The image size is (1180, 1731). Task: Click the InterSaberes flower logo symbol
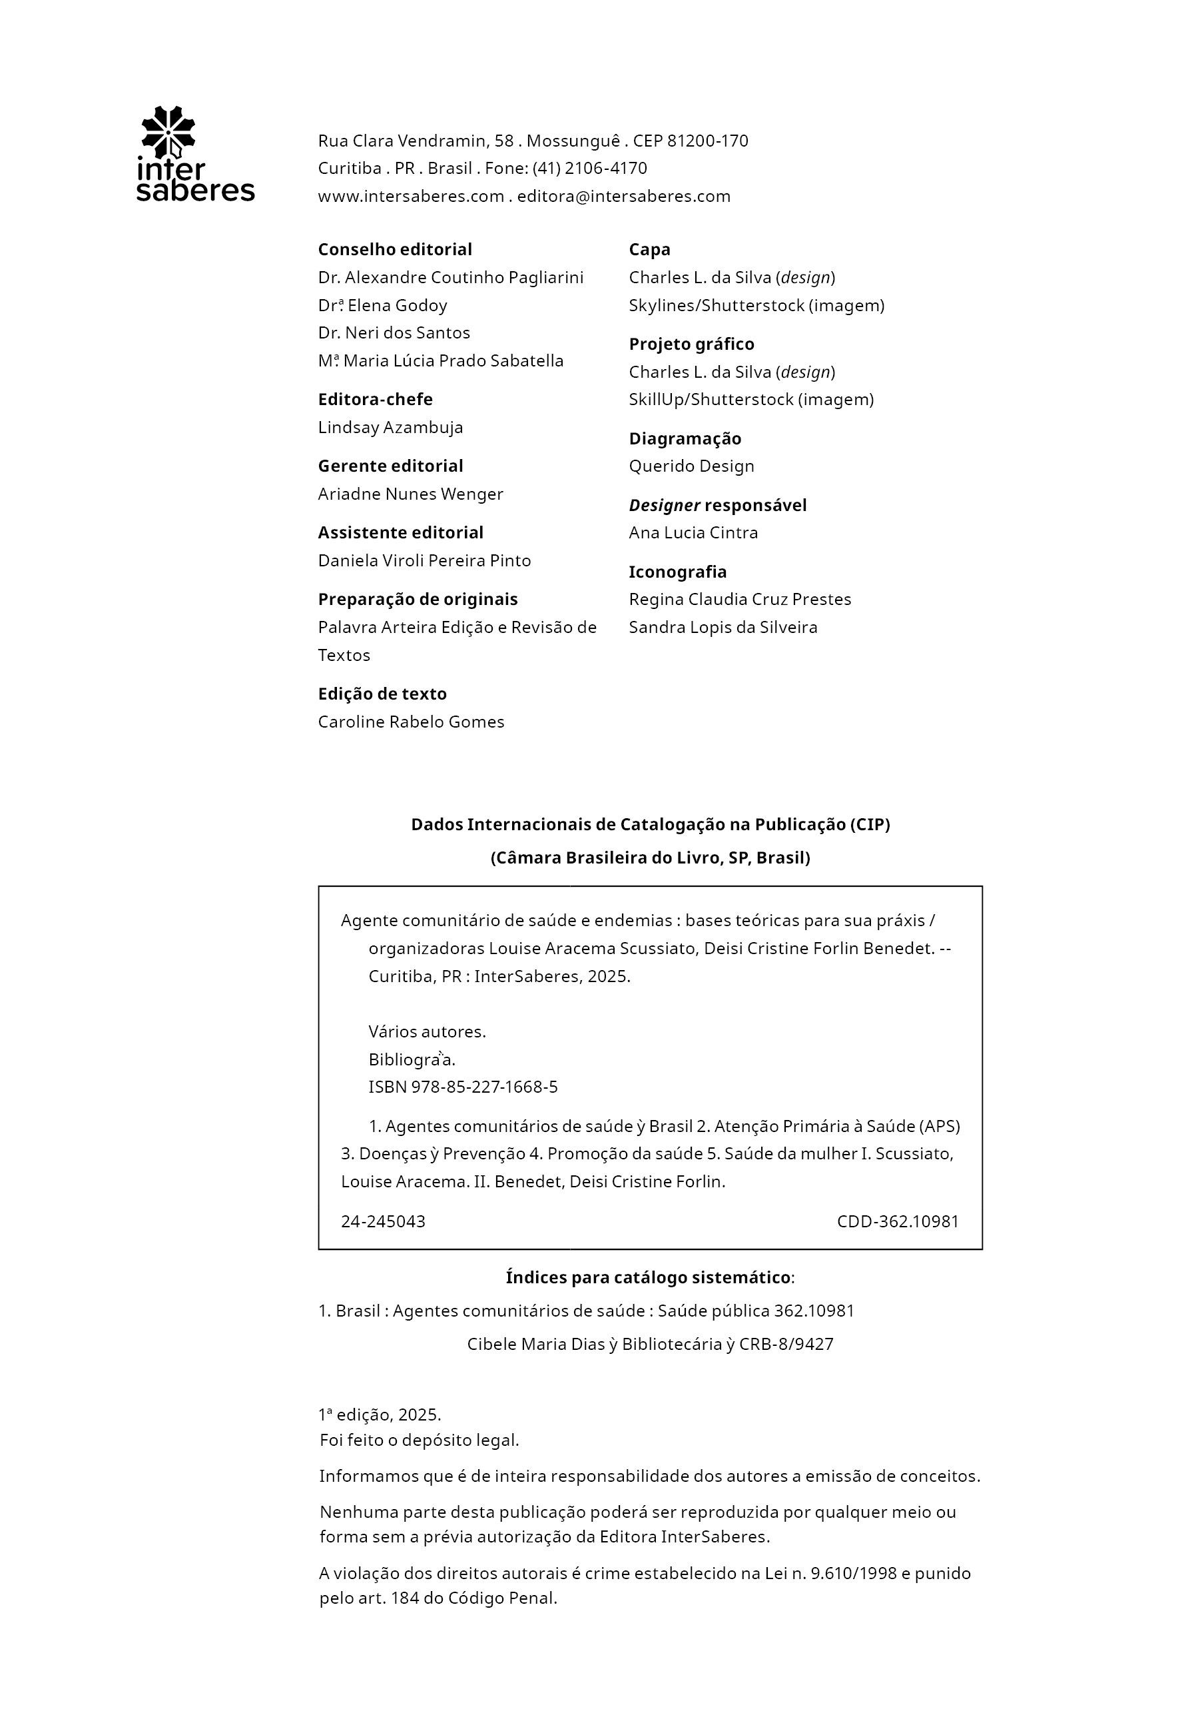pos(168,131)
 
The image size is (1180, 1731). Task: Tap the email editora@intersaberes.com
pos(624,197)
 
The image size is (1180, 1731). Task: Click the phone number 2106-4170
pos(606,169)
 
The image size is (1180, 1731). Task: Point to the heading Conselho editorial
pos(395,249)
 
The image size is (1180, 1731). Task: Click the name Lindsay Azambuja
pos(390,428)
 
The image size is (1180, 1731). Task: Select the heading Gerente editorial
pos(390,466)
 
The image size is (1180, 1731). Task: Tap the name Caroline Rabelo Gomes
pos(411,722)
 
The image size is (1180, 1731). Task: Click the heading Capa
pos(649,249)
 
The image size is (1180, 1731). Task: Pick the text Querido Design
pos(691,466)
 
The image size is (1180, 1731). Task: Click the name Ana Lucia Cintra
pos(693,532)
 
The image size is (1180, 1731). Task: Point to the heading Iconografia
pos(677,572)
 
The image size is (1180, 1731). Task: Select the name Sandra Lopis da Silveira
pos(723,627)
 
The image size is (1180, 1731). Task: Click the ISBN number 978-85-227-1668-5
pos(484,1087)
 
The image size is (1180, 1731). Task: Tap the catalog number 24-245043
pos(383,1221)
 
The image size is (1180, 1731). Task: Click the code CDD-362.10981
pos(897,1221)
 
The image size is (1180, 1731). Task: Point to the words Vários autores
pos(427,1031)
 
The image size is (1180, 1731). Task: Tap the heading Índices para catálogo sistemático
pos(648,1277)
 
